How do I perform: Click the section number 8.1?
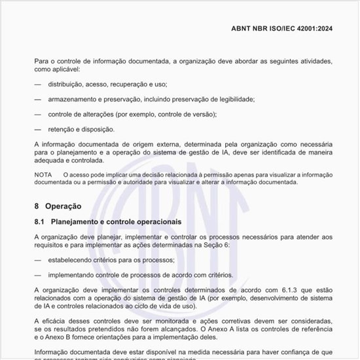[x=39, y=223]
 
